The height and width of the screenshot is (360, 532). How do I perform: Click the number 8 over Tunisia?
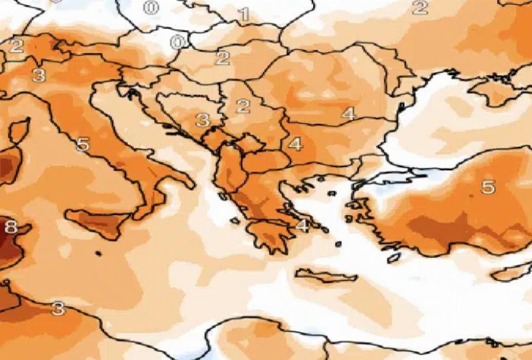tap(11, 226)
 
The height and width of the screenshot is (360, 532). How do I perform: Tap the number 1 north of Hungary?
tap(244, 14)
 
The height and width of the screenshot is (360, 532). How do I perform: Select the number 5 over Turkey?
tap(488, 187)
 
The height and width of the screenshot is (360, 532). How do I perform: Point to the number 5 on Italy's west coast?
tap(83, 144)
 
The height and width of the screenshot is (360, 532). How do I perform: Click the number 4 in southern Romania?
tap(348, 113)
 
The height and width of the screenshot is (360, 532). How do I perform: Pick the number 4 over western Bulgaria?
tap(295, 144)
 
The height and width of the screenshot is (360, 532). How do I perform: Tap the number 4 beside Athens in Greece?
tap(303, 225)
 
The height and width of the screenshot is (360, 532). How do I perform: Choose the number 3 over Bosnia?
tap(203, 121)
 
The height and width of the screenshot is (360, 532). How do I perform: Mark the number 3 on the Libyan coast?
tap(58, 308)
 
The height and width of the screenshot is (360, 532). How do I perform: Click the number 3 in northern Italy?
tap(39, 75)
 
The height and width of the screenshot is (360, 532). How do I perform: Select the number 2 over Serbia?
tap(242, 106)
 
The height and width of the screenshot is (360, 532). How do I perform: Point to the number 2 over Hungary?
tap(223, 58)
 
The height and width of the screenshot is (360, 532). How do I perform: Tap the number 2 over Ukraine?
tap(420, 8)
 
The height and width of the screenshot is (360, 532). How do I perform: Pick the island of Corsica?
tap(18, 130)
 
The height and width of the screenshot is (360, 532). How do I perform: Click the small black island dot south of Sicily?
tap(98, 254)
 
